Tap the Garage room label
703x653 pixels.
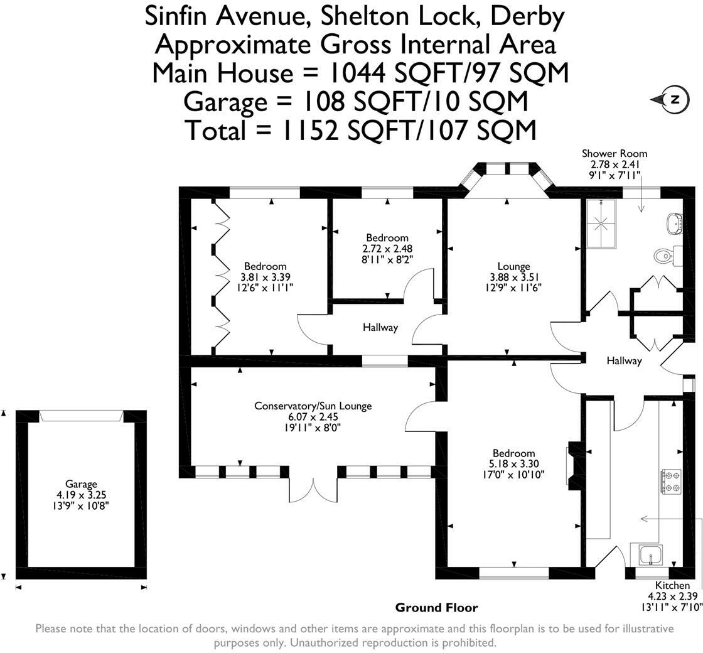81,484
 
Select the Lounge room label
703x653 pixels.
514,266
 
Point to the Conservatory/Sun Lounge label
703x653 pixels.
313,406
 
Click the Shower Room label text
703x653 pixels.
614,153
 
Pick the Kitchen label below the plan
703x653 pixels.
672,585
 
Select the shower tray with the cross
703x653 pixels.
602,224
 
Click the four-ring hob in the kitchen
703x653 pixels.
671,482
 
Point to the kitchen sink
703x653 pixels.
650,555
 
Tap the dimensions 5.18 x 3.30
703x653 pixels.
514,464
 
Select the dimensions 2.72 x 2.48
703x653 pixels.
387,249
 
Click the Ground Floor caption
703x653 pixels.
437,608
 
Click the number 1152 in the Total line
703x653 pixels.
309,130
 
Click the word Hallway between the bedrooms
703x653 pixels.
380,328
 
